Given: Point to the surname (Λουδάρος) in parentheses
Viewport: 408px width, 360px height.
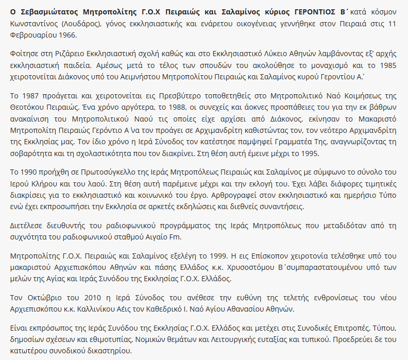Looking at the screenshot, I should coord(88,23).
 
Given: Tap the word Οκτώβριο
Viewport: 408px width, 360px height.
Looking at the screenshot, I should coord(44,298).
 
